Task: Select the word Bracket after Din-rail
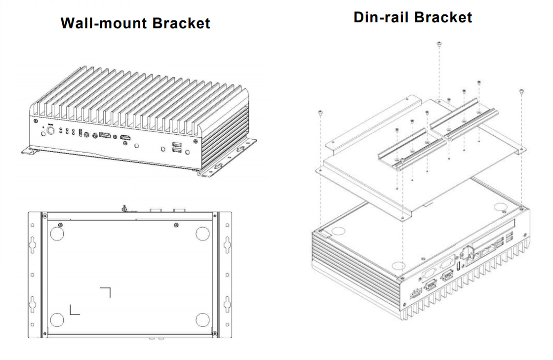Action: coord(443,17)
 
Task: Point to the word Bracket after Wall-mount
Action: coord(181,23)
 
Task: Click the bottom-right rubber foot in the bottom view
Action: coord(203,320)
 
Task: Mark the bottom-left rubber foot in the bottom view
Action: coord(57,320)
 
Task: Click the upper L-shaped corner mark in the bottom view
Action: coord(106,291)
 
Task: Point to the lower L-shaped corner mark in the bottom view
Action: coord(74,310)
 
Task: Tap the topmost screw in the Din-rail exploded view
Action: coord(439,44)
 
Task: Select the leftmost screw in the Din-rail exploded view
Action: coord(320,113)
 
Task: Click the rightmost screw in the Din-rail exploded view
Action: coord(522,91)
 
